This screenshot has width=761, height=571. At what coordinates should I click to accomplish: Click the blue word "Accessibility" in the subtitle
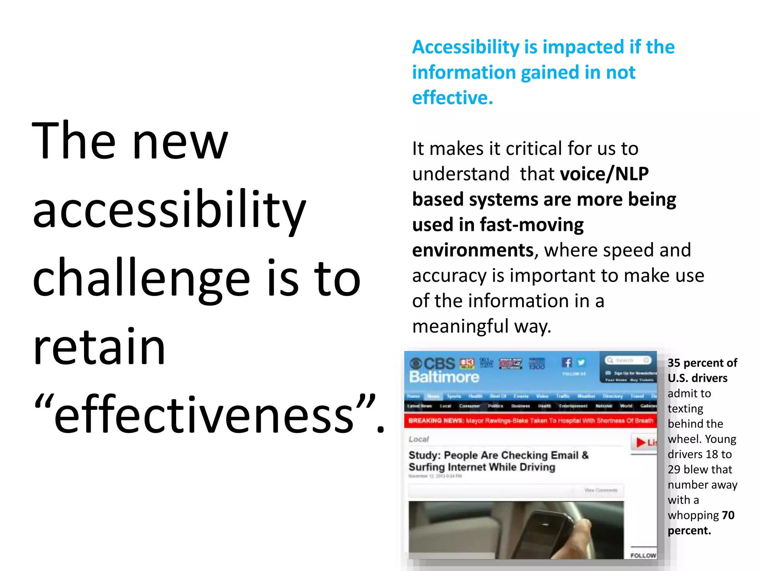(x=466, y=47)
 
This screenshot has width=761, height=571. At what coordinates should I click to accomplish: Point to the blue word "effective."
(x=452, y=98)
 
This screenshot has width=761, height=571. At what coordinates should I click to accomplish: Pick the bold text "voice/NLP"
(x=604, y=174)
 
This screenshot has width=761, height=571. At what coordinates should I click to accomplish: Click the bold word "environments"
(x=473, y=250)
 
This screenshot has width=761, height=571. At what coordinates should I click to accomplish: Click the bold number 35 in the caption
(x=674, y=363)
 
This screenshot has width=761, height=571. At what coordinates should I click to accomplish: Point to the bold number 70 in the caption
(x=728, y=515)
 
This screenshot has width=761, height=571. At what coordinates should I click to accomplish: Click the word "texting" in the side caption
(x=685, y=409)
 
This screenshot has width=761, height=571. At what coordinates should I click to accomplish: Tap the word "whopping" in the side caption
(x=693, y=515)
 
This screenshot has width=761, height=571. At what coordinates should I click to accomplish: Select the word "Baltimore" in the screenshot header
(x=444, y=377)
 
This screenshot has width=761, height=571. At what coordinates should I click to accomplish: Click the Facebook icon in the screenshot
(x=567, y=362)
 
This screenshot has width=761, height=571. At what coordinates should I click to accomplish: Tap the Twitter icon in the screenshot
(x=581, y=362)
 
